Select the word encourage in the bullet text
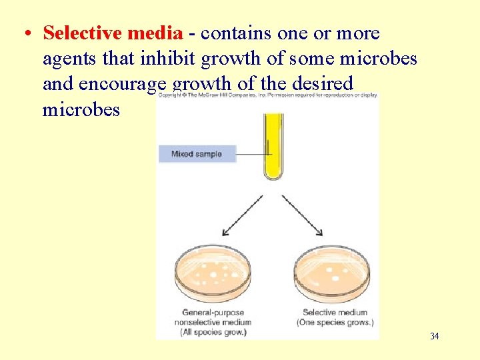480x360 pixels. (123, 85)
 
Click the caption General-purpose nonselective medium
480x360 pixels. (213, 317)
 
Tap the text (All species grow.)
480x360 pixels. (213, 332)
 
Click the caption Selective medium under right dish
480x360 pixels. (334, 312)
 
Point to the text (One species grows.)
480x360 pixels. (335, 323)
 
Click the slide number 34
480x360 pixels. (434, 336)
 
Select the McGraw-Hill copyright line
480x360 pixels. (267, 96)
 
